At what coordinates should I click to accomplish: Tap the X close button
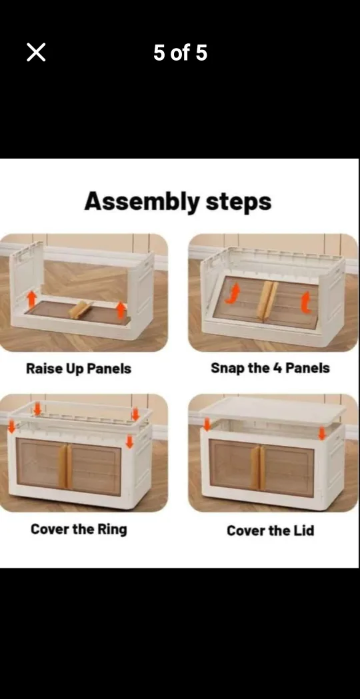[36, 52]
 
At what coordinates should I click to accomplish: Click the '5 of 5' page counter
[180, 53]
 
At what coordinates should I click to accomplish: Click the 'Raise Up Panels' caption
[79, 368]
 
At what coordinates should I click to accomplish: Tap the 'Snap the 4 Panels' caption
[270, 368]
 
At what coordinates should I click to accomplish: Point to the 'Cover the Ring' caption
[79, 529]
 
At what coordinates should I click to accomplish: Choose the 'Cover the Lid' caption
[270, 530]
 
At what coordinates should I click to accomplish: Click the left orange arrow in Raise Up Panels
[31, 299]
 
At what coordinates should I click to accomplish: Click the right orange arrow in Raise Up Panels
[121, 309]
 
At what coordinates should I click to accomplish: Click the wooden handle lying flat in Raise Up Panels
[81, 309]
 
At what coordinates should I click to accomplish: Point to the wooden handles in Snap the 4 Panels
[267, 299]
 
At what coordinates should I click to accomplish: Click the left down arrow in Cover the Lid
[207, 424]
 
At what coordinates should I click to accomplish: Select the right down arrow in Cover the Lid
[322, 433]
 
